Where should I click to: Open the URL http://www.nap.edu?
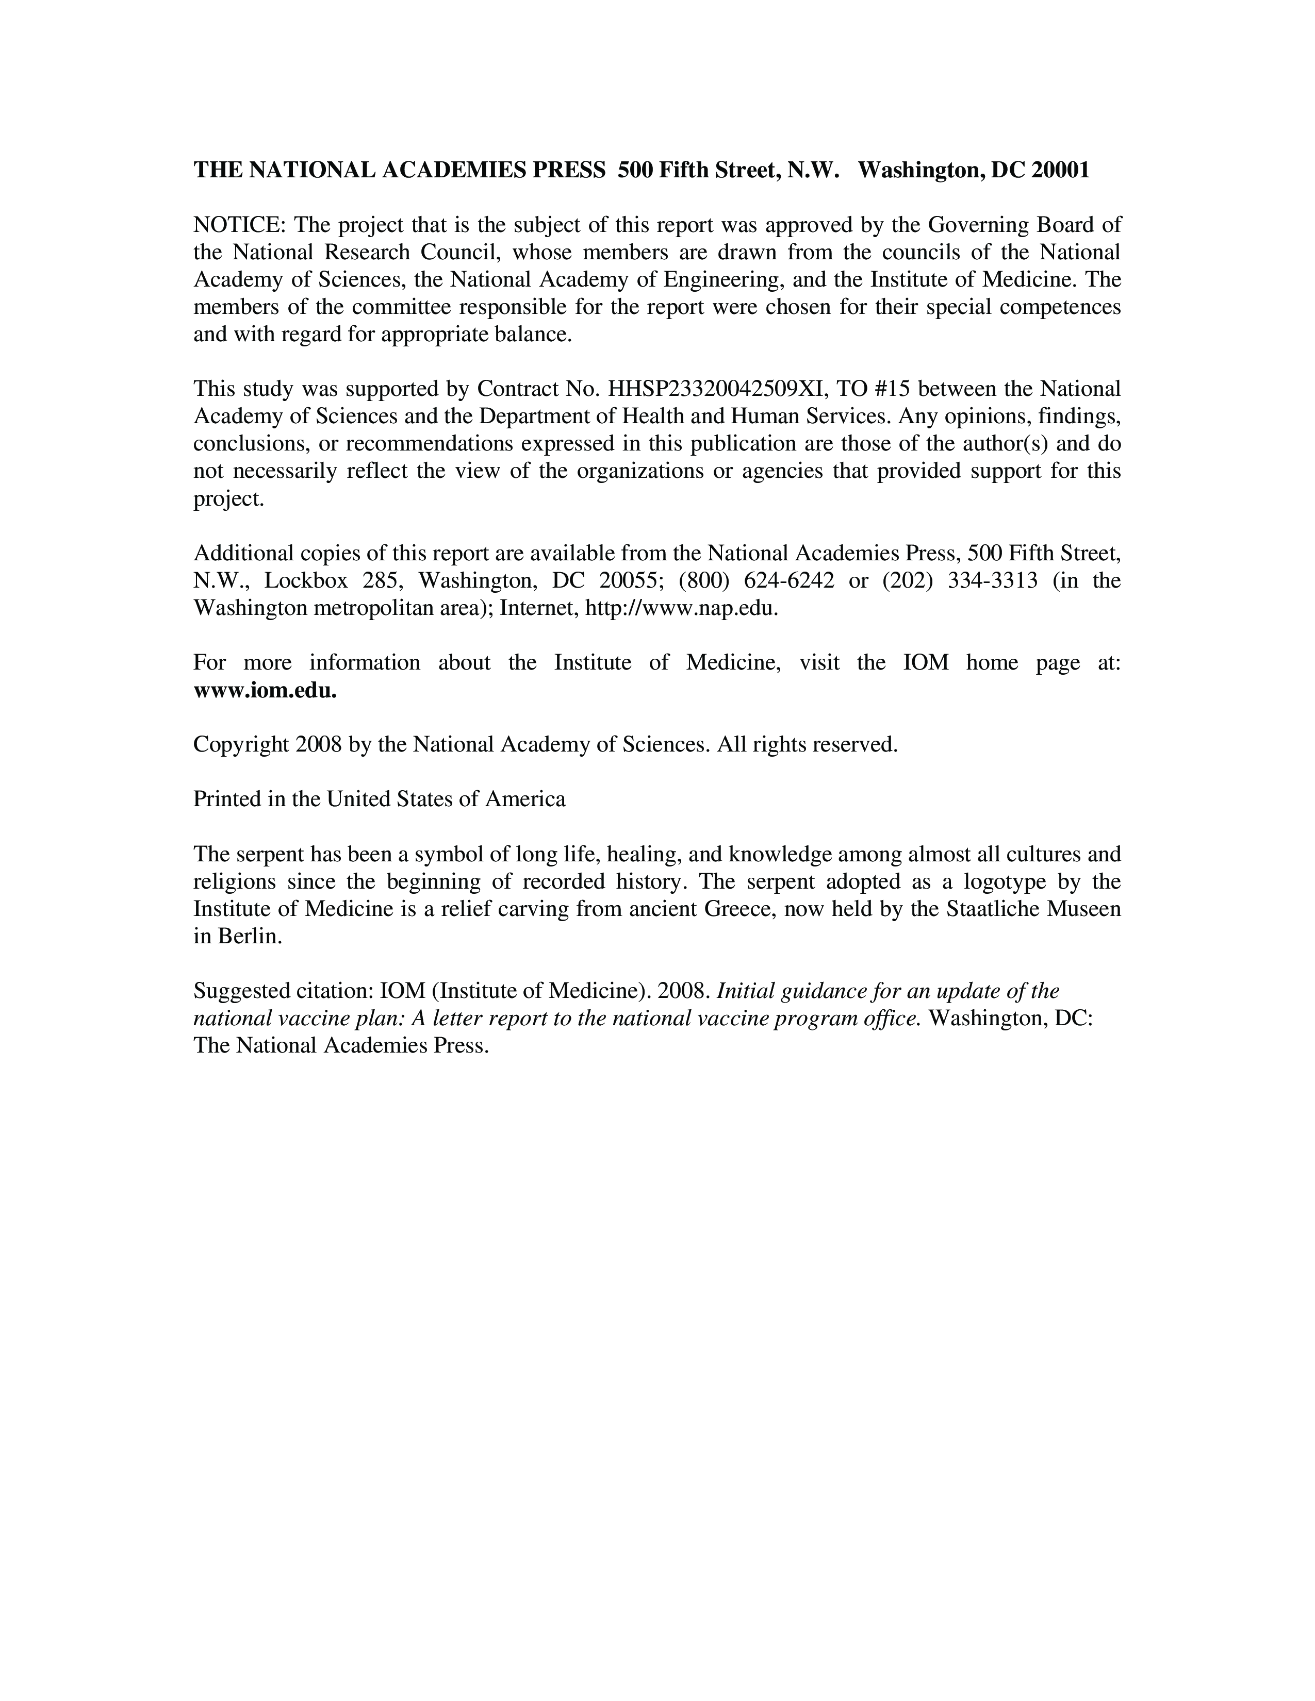click(x=680, y=608)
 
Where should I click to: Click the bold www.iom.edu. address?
click(x=265, y=691)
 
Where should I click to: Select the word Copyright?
click(x=241, y=745)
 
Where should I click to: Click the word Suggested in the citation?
click(x=244, y=991)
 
